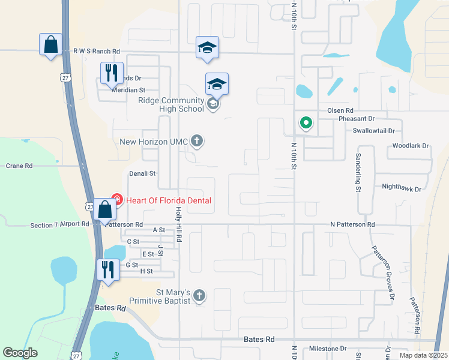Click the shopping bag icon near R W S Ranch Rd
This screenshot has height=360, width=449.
pyautogui.click(x=50, y=44)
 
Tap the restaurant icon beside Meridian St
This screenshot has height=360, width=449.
pyautogui.click(x=112, y=73)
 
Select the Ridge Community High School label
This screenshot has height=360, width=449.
pyautogui.click(x=172, y=104)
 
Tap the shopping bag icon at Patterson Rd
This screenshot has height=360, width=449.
pyautogui.click(x=105, y=209)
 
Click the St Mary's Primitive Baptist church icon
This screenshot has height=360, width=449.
pyautogui.click(x=199, y=296)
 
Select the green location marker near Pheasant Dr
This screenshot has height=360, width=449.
pyautogui.click(x=306, y=124)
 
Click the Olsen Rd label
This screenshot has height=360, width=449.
pyautogui.click(x=340, y=111)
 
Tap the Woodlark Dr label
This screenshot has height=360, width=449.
pyautogui.click(x=410, y=146)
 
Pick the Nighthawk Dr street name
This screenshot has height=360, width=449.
pyautogui.click(x=402, y=188)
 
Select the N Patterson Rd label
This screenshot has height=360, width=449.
pyautogui.click(x=352, y=224)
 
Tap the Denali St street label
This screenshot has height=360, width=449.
pyautogui.click(x=142, y=173)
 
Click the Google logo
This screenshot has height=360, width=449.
pyautogui.click(x=20, y=353)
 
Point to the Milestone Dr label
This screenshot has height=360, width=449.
pyautogui.click(x=328, y=349)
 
